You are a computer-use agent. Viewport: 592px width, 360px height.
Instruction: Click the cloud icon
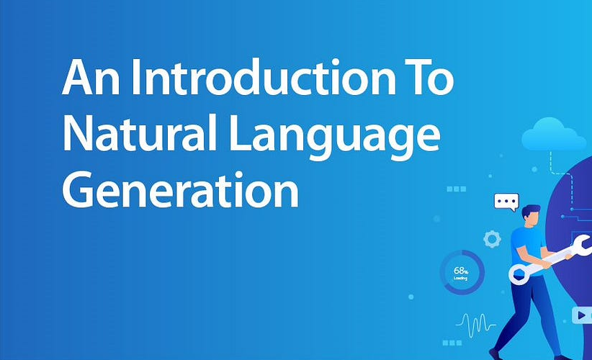(x=553, y=135)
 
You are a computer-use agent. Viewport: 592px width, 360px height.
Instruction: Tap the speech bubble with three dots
(x=506, y=202)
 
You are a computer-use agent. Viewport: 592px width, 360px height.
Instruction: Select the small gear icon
(x=493, y=239)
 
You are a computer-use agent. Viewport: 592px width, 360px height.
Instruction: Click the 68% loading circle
(x=462, y=272)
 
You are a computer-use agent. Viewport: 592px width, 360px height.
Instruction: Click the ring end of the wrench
(x=520, y=273)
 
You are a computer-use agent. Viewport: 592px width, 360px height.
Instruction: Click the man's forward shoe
(x=496, y=354)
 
